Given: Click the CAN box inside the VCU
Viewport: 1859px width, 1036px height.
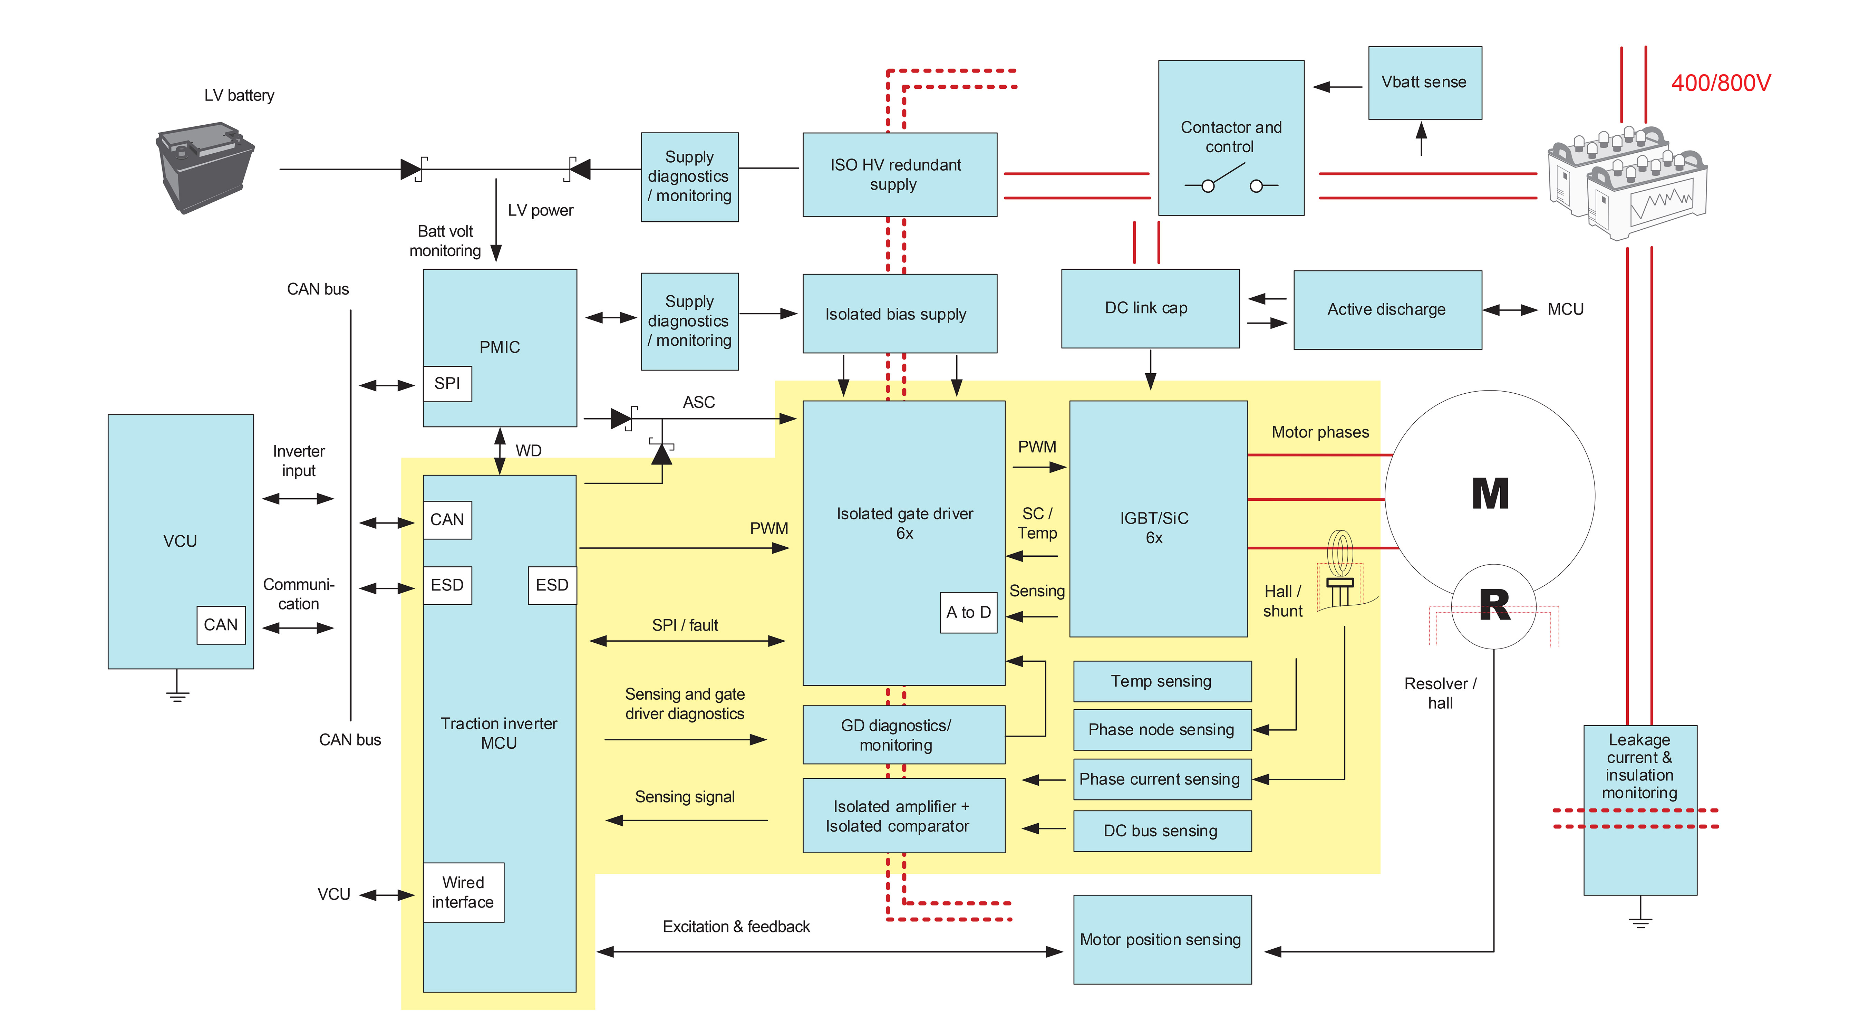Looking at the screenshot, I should click(x=221, y=624).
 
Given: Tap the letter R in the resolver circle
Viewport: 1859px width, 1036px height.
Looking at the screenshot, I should click(x=1494, y=605).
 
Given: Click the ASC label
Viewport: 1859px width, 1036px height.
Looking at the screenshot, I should click(x=699, y=402).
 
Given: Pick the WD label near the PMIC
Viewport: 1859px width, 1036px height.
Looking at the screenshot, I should click(x=528, y=451).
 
